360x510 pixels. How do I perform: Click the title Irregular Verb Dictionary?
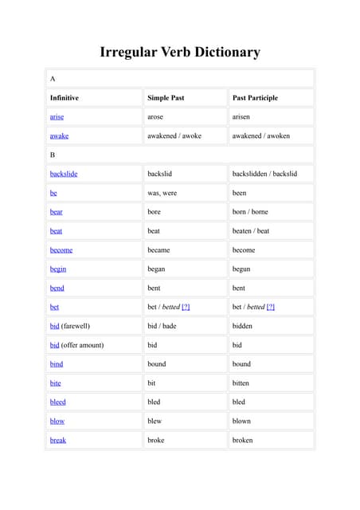point(180,53)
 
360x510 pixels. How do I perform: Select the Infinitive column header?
point(65,98)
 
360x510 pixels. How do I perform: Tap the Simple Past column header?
point(166,98)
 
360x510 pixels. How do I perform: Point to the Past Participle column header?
point(255,98)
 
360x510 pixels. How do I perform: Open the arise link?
point(57,117)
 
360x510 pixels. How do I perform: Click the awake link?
point(59,135)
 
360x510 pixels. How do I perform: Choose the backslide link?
point(64,174)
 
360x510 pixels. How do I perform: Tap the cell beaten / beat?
point(251,231)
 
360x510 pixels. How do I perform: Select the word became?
point(158,250)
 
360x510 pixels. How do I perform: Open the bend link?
point(57,288)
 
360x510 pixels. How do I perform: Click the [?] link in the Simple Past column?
point(186,307)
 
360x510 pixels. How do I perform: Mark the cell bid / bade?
point(162,326)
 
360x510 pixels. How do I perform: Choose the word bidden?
point(242,326)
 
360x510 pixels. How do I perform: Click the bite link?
point(56,383)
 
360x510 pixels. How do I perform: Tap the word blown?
point(241,421)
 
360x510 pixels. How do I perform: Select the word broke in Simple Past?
point(157,440)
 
